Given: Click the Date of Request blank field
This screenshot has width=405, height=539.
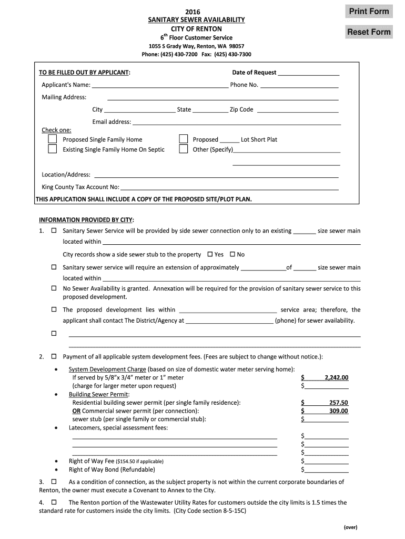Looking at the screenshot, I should click(308, 73).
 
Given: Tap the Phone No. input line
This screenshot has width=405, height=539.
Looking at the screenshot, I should click(299, 85).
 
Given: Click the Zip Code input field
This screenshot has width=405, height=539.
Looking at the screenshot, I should click(297, 109).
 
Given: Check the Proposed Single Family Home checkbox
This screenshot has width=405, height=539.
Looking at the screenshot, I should click(53, 139).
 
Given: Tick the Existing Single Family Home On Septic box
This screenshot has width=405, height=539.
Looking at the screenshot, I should click(53, 149).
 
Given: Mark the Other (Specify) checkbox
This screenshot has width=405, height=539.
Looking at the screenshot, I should click(183, 149).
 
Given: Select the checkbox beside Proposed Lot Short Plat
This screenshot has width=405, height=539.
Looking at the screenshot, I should click(183, 139).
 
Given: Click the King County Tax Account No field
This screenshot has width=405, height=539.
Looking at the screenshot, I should click(230, 187).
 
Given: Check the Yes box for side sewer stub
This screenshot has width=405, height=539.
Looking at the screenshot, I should click(210, 254).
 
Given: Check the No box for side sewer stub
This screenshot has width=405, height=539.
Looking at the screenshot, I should click(232, 254).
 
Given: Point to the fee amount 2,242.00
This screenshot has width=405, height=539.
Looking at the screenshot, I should click(337, 377).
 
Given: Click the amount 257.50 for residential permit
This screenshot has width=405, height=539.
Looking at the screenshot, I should click(338, 403).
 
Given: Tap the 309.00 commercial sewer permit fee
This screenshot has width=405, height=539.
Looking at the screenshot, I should click(338, 411).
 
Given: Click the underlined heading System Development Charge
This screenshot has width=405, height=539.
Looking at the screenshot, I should click(107, 369).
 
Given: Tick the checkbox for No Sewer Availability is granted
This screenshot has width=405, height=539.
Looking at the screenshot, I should click(54, 288).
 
